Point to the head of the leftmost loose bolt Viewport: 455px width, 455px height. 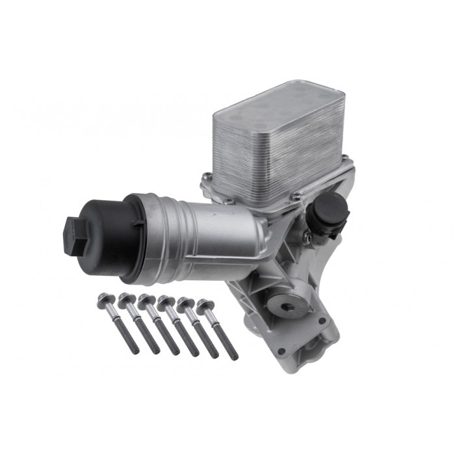point(104,300)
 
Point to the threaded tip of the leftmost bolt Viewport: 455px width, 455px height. point(136,350)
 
